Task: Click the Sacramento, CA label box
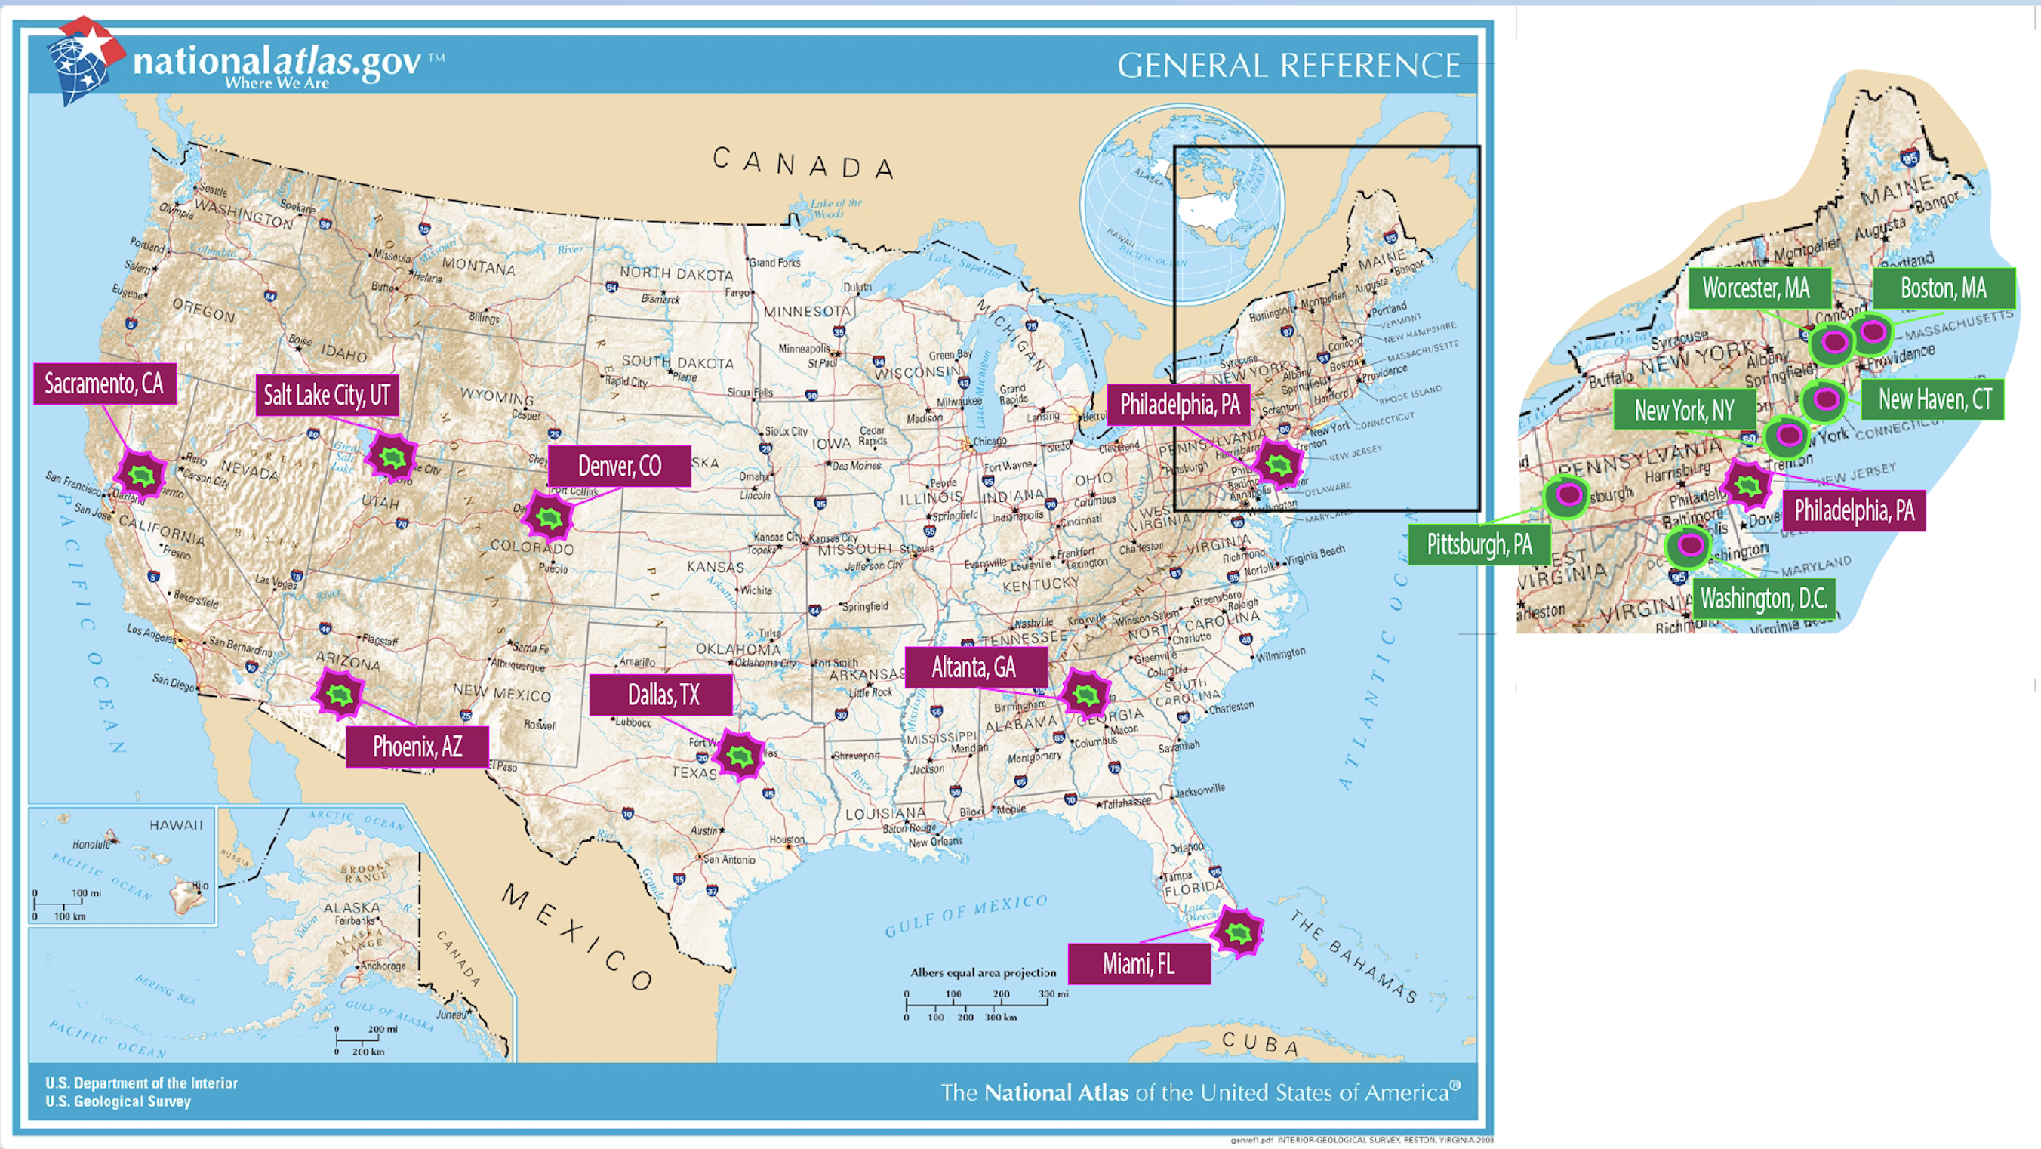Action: tap(105, 384)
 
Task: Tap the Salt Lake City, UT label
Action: tap(326, 395)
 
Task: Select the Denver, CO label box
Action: tap(619, 466)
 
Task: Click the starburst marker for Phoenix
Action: tap(339, 694)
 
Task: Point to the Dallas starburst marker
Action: tap(739, 755)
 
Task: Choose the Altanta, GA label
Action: tap(974, 667)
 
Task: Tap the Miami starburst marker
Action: tap(1239, 932)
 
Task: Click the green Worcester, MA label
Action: tap(1757, 288)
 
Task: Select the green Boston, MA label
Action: tap(1944, 288)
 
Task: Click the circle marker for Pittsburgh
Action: tap(1568, 496)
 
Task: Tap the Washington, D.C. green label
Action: tap(1764, 598)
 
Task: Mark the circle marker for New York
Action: tap(1788, 435)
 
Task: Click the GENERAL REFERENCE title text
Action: tap(1288, 66)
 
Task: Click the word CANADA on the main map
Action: tap(802, 163)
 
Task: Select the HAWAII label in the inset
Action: tap(176, 825)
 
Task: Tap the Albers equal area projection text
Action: tap(983, 972)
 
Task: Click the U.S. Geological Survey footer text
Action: tap(118, 1101)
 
